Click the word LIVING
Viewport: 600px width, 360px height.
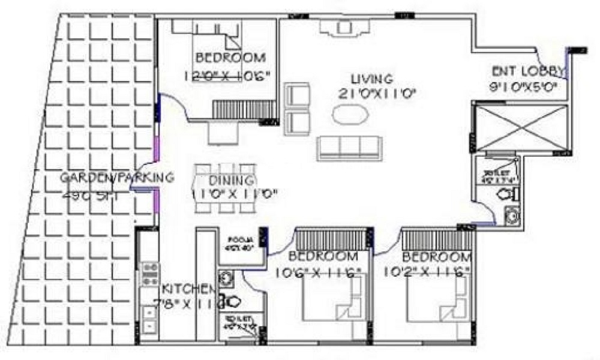point(372,79)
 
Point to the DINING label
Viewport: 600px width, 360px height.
point(232,181)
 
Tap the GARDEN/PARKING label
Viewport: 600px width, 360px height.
point(117,178)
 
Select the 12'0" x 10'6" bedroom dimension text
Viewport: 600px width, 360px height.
point(227,76)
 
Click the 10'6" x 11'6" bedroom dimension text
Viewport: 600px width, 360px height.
point(318,272)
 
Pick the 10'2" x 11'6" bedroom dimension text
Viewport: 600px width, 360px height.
point(428,272)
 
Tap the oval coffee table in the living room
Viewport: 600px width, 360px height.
point(349,115)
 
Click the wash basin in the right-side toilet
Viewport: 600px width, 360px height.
point(511,214)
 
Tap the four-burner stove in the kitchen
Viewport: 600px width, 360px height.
point(148,274)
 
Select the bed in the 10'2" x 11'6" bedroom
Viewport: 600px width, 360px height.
point(439,299)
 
